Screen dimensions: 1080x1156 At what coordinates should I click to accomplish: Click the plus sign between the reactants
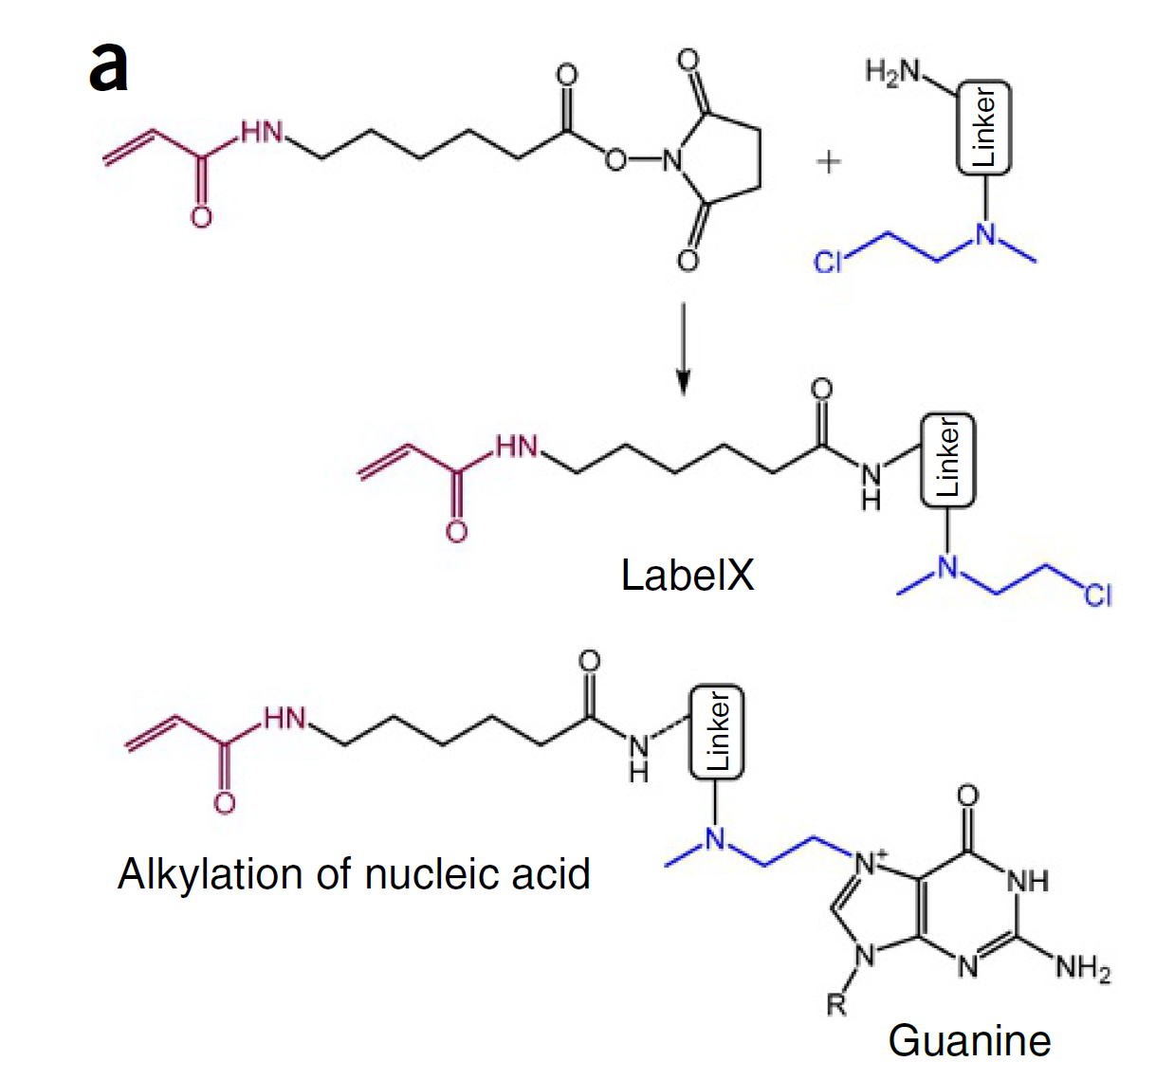(x=829, y=162)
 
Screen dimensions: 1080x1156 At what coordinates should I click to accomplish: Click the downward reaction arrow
(x=682, y=347)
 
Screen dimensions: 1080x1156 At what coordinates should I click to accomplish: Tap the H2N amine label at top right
(x=893, y=72)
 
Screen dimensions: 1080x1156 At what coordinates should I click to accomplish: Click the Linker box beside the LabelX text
(x=947, y=460)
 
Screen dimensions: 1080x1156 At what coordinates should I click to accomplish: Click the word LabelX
(x=687, y=575)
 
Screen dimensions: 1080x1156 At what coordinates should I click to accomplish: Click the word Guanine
(x=969, y=1041)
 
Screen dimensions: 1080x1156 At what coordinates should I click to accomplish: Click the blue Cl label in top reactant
(x=828, y=262)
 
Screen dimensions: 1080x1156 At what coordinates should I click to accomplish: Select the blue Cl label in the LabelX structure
(x=1097, y=595)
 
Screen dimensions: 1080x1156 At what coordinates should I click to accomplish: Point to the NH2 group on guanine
(x=1082, y=968)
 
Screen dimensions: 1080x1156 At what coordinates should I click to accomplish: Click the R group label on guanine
(x=835, y=1004)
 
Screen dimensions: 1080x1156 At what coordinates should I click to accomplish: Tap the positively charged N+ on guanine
(x=870, y=862)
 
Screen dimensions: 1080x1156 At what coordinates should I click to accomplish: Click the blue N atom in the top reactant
(x=986, y=233)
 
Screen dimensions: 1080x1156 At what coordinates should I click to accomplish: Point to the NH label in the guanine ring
(x=1028, y=880)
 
